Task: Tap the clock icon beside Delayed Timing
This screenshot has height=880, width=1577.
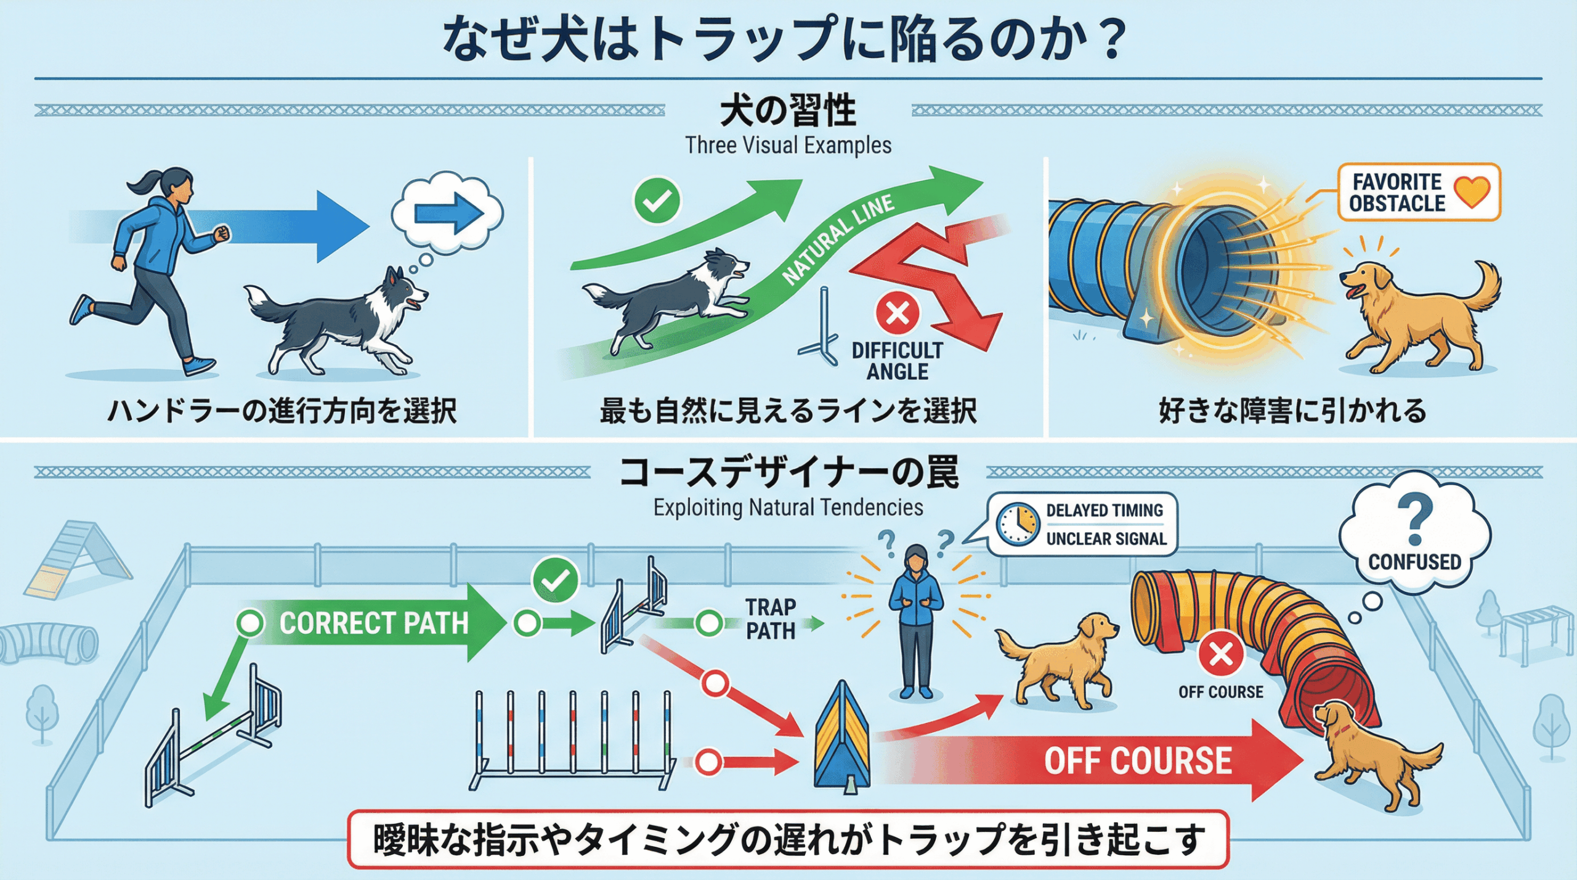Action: tap(1018, 524)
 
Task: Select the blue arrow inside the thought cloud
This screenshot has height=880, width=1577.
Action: tap(448, 214)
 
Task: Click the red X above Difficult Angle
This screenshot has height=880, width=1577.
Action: tap(897, 313)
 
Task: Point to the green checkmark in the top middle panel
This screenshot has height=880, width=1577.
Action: tap(657, 201)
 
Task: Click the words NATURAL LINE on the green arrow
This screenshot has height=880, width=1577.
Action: tap(837, 239)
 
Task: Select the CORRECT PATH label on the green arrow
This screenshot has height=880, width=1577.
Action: tap(373, 623)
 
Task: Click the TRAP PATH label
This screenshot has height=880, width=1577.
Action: tap(771, 619)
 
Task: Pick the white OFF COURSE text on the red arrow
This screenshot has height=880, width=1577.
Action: tap(1138, 761)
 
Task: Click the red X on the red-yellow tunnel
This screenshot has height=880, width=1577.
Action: tap(1221, 654)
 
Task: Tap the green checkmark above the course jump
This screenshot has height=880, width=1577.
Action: tap(555, 580)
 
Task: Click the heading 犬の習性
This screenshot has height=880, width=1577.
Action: tap(788, 111)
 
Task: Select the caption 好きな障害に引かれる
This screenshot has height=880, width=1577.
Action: tap(1292, 411)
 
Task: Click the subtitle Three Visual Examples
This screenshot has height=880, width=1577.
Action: tap(788, 145)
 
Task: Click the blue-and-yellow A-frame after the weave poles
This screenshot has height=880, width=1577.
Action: tap(841, 739)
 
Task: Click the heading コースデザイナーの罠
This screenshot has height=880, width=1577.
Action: tap(788, 473)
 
